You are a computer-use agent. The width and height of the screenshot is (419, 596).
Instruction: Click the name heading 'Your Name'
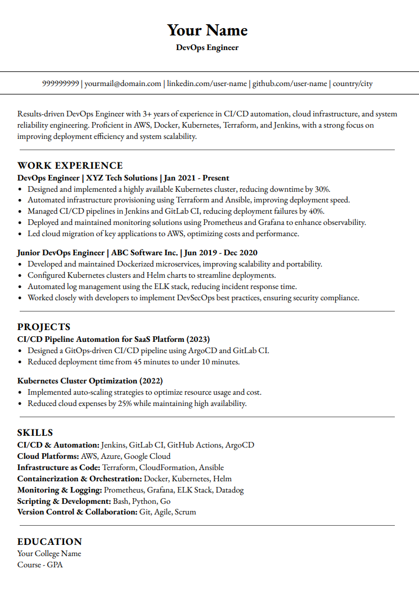pos(207,30)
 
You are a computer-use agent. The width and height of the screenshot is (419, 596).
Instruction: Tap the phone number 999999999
pos(61,84)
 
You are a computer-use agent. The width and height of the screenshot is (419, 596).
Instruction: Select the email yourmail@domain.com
pos(123,84)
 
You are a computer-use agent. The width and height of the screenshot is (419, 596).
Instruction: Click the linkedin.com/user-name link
pos(206,84)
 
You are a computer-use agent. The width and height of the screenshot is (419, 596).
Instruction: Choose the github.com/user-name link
pos(289,84)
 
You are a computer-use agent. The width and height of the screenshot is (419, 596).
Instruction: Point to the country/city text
pos(353,84)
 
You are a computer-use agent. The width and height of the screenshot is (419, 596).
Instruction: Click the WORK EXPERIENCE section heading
pos(70,165)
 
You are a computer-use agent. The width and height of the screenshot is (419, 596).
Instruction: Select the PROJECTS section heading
pos(44,327)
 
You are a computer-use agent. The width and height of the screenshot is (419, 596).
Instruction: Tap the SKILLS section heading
pos(35,432)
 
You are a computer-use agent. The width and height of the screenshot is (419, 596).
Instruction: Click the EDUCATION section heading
pos(49,541)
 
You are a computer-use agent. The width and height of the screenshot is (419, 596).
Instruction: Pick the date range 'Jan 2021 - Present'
pos(196,178)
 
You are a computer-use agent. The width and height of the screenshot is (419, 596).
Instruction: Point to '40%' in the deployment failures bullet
pos(316,211)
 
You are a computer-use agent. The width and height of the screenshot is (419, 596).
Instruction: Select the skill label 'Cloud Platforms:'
pos(48,456)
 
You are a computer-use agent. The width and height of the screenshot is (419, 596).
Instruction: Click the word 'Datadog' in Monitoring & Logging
pos(229,490)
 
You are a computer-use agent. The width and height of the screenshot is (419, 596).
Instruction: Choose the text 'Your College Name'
pos(49,553)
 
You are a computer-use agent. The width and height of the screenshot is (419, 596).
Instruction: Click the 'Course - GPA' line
pos(40,565)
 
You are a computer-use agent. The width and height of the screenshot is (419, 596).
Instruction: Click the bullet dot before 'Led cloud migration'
pos(20,234)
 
